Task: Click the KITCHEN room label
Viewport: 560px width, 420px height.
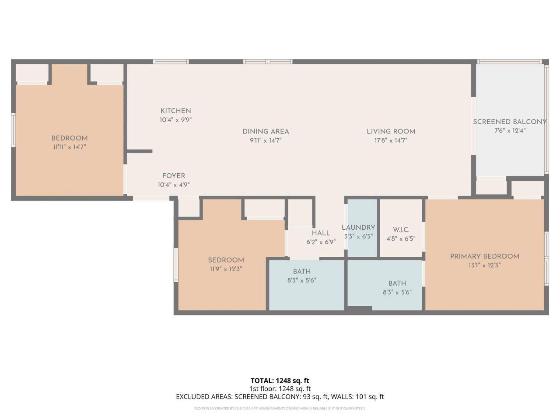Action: coord(175,111)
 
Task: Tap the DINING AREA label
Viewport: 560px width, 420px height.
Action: coord(266,131)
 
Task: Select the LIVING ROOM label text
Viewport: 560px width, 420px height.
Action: coord(391,131)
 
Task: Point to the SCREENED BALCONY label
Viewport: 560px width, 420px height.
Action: coord(510,122)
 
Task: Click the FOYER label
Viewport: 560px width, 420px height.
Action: coord(173,176)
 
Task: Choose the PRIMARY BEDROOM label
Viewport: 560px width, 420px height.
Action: coord(484,256)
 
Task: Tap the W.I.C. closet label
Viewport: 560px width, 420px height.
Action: coord(401,230)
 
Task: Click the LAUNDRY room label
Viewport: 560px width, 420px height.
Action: coord(358,227)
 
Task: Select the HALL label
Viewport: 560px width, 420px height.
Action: coord(321,233)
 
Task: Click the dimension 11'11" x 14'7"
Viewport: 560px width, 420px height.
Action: coord(69,147)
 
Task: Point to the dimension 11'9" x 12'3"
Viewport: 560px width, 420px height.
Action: coord(226,269)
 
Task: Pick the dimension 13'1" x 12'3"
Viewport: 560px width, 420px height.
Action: coord(484,265)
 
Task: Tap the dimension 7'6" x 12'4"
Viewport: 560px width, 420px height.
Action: coord(510,130)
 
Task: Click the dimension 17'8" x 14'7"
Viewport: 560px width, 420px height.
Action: coord(391,140)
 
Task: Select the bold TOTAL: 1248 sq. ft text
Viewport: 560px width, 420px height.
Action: coord(280,381)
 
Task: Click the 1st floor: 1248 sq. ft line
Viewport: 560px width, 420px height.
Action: coord(280,388)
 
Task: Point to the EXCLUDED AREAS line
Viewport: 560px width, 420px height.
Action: coord(280,397)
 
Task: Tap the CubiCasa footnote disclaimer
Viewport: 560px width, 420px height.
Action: coord(280,409)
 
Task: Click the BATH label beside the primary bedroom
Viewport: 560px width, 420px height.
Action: coord(397,283)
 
